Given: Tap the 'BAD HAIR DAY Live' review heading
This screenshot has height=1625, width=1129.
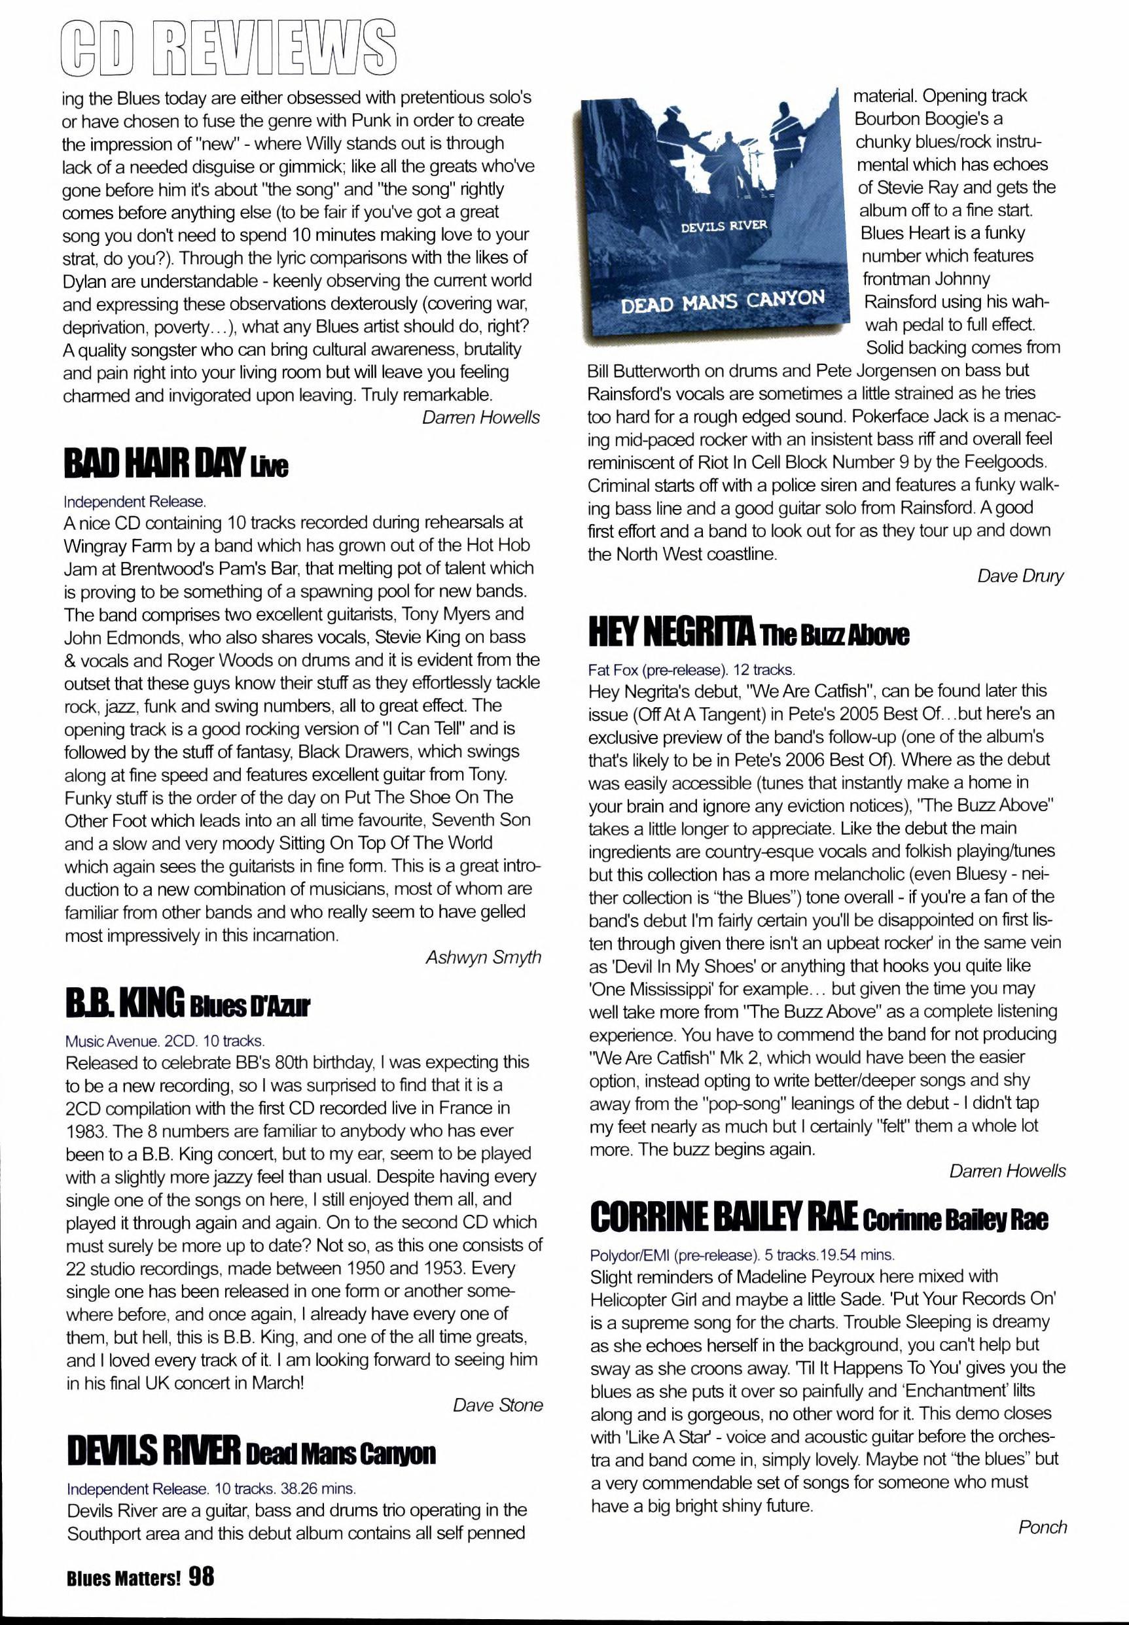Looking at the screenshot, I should [175, 464].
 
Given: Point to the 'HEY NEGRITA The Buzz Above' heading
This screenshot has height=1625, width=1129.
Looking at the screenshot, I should [749, 633].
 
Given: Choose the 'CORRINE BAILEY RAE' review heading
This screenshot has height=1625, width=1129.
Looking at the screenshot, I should [819, 1217].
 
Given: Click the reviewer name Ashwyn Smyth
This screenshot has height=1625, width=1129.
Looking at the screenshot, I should [483, 957].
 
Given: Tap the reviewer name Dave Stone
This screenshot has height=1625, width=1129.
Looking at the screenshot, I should [497, 1405].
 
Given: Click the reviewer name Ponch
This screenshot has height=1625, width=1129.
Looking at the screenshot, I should [1042, 1527].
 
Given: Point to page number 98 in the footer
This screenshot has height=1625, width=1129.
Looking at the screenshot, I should [201, 1576].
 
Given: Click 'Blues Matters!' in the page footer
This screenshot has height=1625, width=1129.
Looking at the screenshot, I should [124, 1579].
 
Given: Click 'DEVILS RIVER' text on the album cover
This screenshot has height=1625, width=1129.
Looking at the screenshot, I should [724, 226].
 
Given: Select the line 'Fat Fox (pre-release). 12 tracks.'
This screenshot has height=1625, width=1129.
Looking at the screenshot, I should [691, 669].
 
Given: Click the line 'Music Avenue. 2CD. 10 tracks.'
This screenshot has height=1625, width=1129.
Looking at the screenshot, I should [165, 1041].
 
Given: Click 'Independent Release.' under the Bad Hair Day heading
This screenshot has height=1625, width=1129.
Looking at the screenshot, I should [134, 501].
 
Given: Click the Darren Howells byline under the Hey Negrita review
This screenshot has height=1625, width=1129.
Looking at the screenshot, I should [1007, 1171].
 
